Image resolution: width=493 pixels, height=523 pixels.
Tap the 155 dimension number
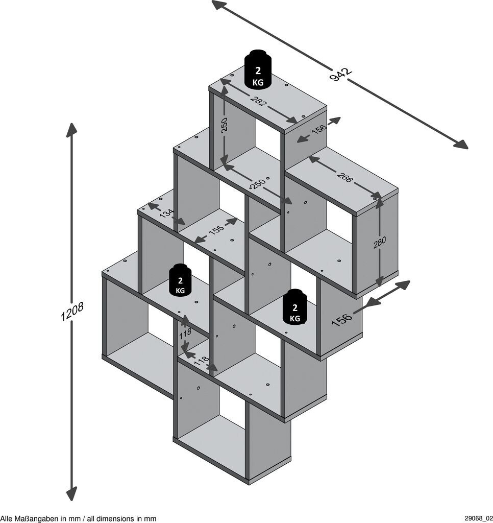(216, 230)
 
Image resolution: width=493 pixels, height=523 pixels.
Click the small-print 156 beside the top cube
(319, 130)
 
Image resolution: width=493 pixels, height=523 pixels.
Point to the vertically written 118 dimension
(185, 333)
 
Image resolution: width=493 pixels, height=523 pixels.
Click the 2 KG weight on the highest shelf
(258, 70)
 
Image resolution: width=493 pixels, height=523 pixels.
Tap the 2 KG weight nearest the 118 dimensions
(180, 280)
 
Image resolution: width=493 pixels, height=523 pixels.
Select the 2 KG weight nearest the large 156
(294, 307)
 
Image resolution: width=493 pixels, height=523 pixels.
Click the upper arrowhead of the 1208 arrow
(71, 128)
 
